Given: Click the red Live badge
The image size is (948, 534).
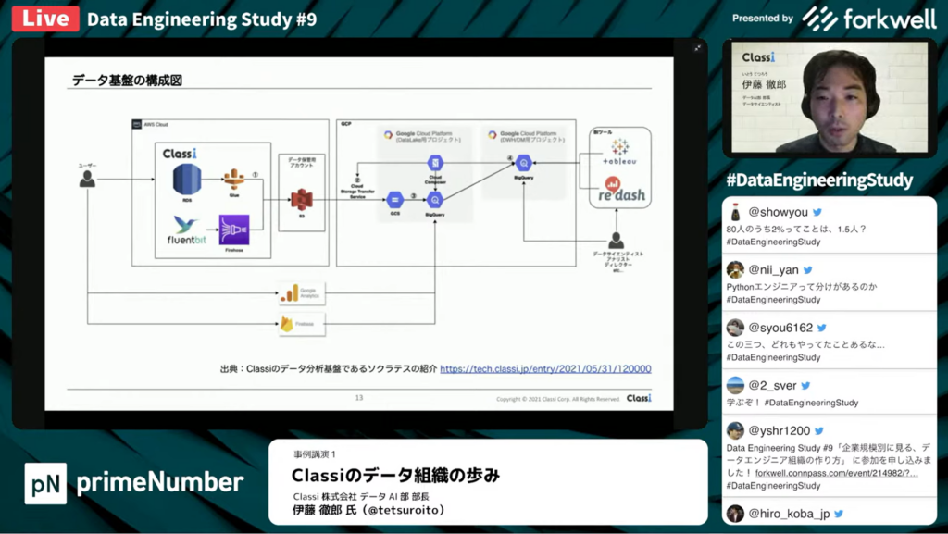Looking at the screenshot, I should (x=45, y=19).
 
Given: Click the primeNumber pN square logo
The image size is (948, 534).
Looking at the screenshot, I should (x=45, y=482).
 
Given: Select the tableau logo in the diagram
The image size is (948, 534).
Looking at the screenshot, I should (x=619, y=152).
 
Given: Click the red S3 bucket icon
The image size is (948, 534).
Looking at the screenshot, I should (x=301, y=199).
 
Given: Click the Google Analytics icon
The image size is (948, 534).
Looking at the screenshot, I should (x=290, y=294).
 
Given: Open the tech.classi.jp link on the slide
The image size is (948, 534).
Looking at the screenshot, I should (x=545, y=368).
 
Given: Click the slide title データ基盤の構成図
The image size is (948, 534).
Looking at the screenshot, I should (x=127, y=81).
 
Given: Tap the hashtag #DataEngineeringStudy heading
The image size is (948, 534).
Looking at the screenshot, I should (x=819, y=180).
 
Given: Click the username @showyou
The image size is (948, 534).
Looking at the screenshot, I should (x=778, y=212).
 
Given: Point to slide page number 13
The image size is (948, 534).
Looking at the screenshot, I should (x=359, y=398).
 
